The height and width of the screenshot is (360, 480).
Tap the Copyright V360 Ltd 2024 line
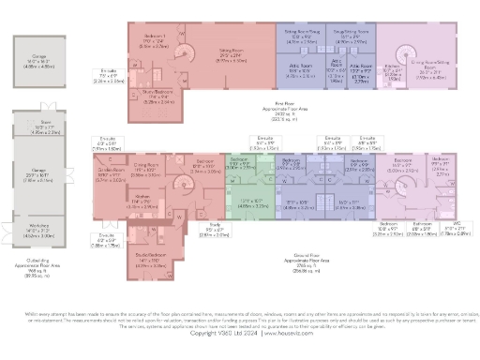coord(239,332)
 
